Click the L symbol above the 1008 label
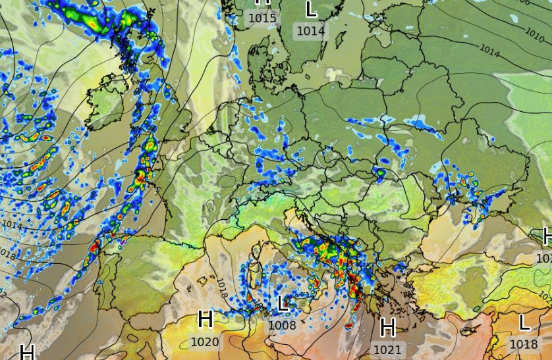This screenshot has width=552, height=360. point(283,303)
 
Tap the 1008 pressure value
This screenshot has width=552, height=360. point(283,324)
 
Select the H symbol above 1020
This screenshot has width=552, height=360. point(206,321)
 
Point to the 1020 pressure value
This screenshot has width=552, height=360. point(204,342)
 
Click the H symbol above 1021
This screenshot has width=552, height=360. point(387,326)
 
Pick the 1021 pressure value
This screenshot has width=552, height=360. point(387,349)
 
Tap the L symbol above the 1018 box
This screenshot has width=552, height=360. point(524,322)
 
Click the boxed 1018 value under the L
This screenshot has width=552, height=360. point(524,344)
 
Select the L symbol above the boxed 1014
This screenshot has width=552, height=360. point(311,9)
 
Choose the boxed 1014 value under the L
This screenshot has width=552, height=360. point(311,30)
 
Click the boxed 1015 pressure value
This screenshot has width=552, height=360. point(262,18)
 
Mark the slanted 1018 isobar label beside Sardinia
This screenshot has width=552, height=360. point(222,287)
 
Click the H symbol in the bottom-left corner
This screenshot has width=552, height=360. point(27,351)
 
